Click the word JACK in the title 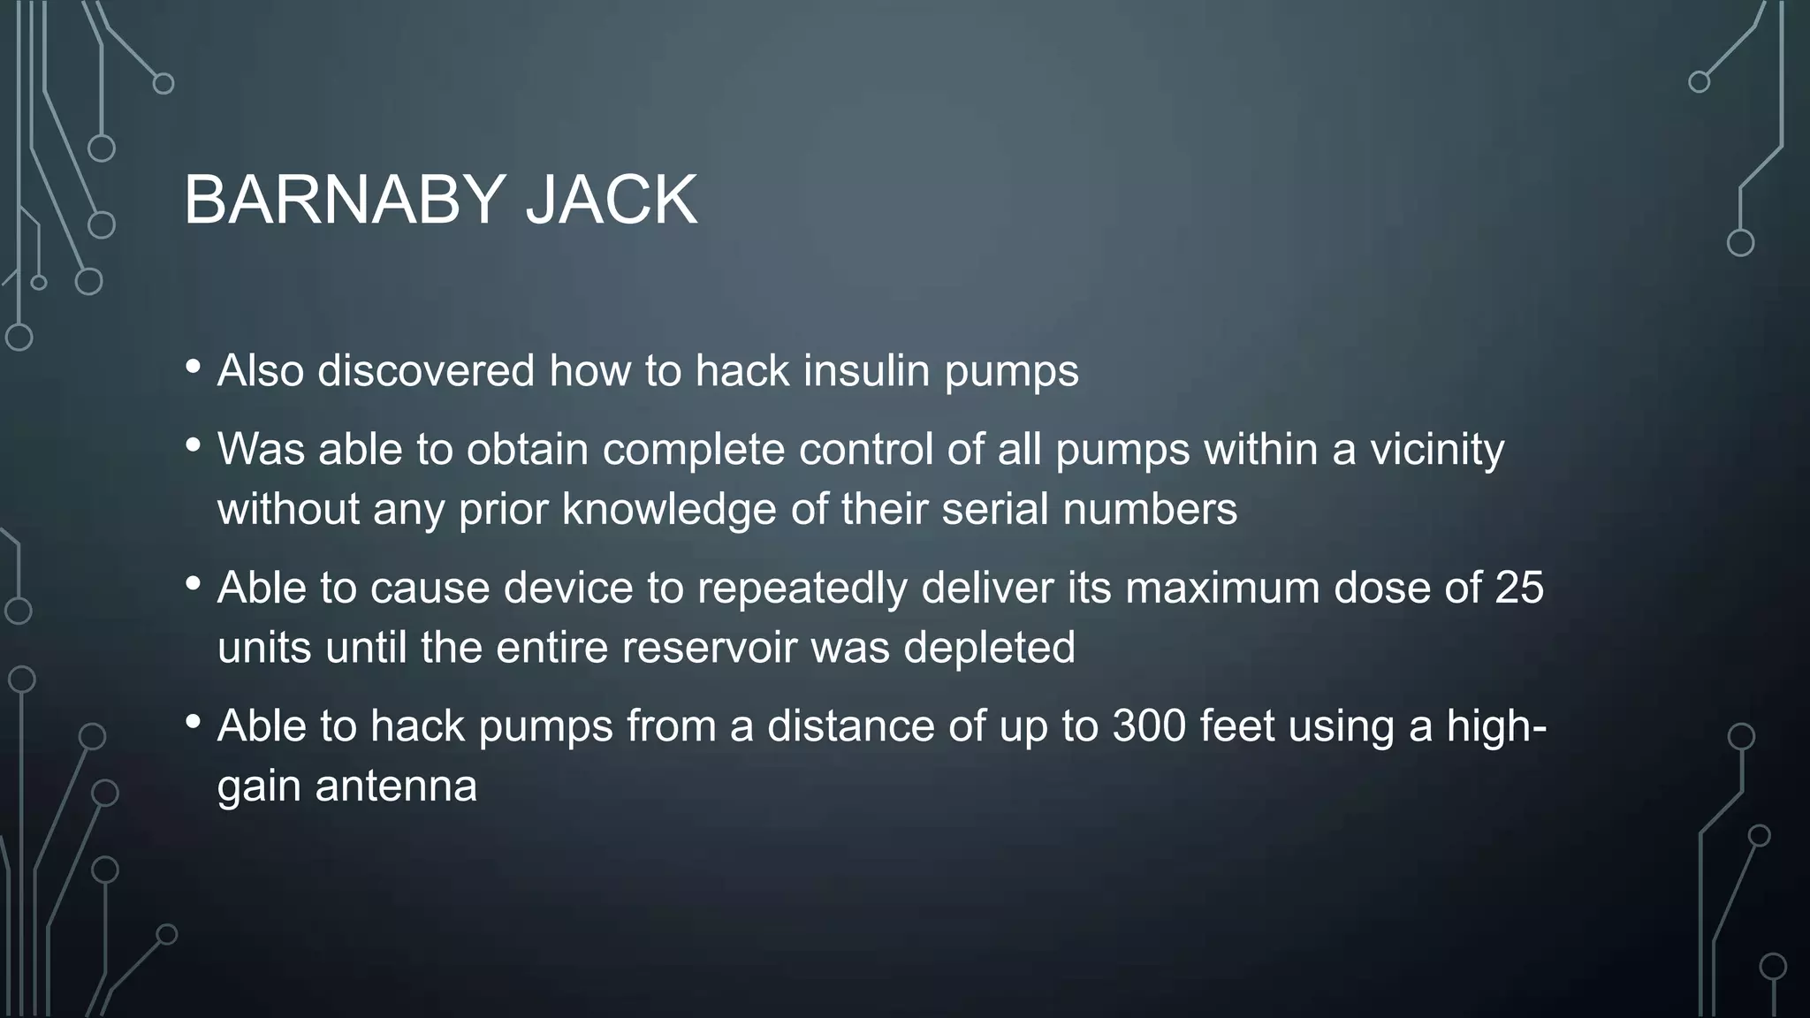(611, 201)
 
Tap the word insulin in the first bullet (866, 370)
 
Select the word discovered (426, 370)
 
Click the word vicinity (1437, 450)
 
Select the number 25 (1519, 588)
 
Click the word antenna (396, 786)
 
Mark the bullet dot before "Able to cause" (194, 583)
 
